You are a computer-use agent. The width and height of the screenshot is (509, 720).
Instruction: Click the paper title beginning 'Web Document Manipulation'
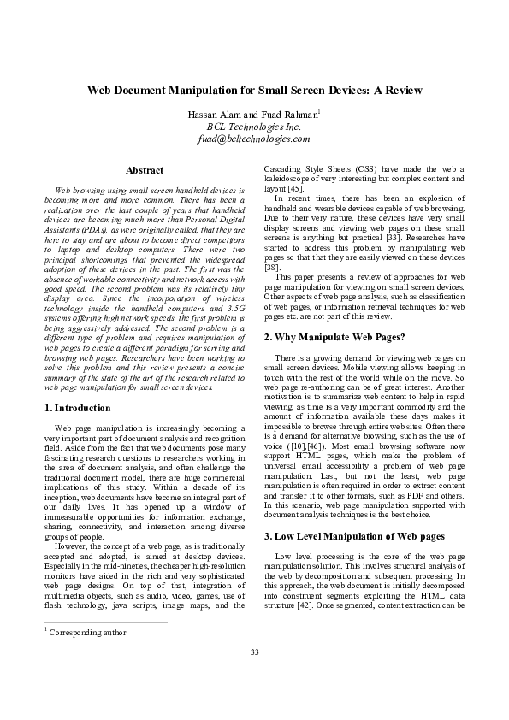[x=254, y=90]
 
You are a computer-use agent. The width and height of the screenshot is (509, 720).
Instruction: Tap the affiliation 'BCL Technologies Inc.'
[x=254, y=127]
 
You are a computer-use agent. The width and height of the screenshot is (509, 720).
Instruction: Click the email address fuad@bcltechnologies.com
[x=254, y=139]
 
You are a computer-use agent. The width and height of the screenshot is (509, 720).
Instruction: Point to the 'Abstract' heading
[x=145, y=170]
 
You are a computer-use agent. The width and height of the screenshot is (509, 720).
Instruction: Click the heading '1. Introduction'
[x=77, y=409]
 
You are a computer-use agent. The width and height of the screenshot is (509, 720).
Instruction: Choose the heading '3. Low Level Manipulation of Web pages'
[x=354, y=536]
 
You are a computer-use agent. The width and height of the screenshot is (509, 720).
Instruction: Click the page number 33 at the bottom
[x=254, y=653]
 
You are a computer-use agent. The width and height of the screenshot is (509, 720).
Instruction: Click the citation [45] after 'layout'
[x=293, y=188]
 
